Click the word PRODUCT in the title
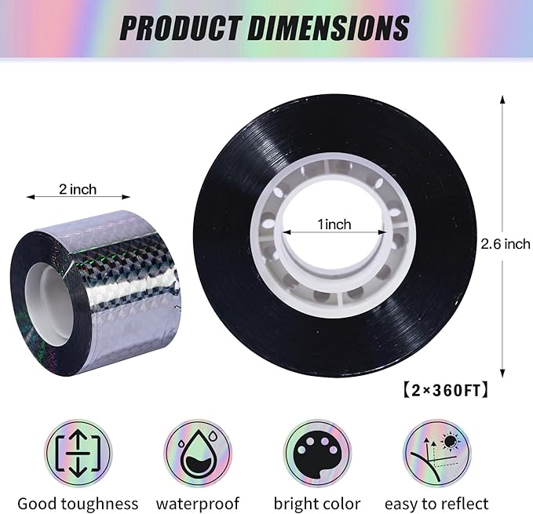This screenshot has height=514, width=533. (x=181, y=27)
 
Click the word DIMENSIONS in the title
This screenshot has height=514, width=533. (x=328, y=27)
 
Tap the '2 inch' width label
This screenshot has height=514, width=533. (x=78, y=189)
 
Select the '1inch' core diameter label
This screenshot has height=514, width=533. (x=334, y=224)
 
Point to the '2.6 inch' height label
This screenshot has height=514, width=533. (x=505, y=244)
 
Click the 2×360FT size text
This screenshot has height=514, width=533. (x=446, y=390)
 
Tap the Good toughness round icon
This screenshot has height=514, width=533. (x=78, y=454)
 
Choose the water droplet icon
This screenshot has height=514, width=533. (x=198, y=454)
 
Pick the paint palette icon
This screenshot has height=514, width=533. (x=317, y=454)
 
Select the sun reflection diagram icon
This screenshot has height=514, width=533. (x=437, y=454)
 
